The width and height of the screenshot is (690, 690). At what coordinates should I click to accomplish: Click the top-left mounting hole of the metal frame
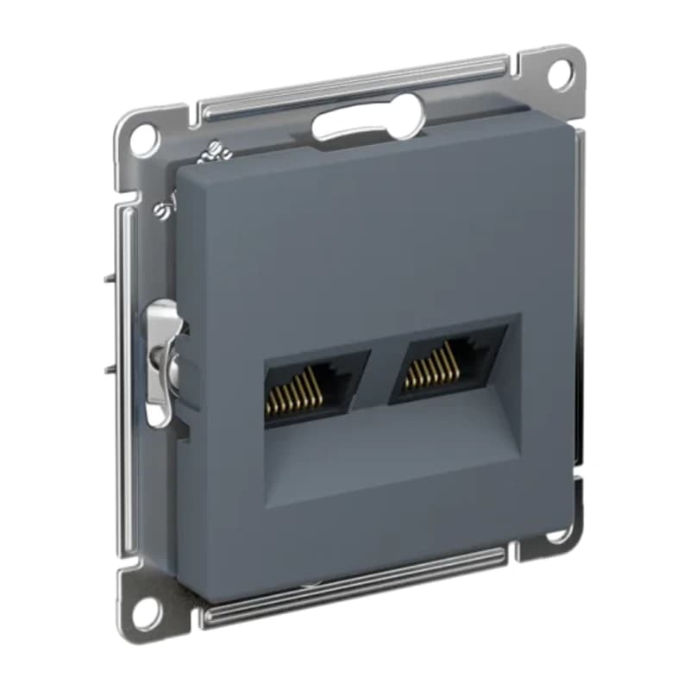(x=144, y=135)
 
